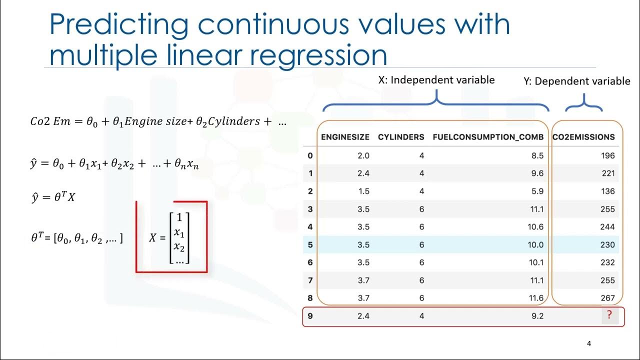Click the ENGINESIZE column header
345,136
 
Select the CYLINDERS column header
401,136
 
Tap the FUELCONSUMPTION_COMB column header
488,136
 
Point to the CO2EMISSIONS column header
583,136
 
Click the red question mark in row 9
609,315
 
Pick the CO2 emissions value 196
607,155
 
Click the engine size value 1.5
363,191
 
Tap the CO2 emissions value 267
607,298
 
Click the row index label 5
310,245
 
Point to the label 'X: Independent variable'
436,80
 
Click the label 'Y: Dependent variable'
577,81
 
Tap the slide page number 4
589,343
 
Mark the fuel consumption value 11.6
537,298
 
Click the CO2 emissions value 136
607,191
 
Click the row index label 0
310,155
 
